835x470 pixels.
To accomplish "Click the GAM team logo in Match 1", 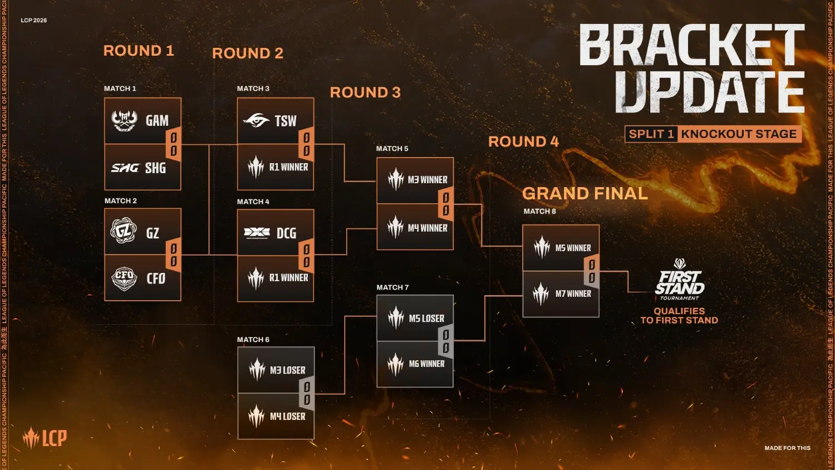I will click(125, 120).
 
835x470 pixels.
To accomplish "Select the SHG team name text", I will click(155, 168).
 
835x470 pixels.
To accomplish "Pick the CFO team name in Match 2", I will click(156, 278).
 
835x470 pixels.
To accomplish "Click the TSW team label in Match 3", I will click(285, 121).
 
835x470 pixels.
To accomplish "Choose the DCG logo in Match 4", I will click(257, 233).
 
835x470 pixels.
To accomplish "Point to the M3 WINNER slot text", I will click(427, 180).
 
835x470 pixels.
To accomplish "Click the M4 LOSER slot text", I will click(287, 416).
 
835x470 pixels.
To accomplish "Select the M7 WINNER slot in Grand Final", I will click(573, 293).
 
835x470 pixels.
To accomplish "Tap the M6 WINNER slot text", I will click(426, 364).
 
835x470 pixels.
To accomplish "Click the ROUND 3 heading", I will click(365, 92).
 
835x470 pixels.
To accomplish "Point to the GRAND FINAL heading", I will click(585, 193).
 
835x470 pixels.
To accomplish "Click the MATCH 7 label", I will click(392, 287).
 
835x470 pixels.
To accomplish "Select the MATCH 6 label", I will click(253, 340).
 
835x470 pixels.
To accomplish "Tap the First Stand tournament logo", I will click(679, 280).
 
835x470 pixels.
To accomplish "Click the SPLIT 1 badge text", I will click(651, 134).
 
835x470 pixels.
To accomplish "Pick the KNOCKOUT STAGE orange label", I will click(739, 134).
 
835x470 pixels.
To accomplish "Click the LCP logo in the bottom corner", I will click(45, 438).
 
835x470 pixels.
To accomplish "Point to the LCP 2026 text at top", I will click(34, 20).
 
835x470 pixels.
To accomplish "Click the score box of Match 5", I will click(445, 204).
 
